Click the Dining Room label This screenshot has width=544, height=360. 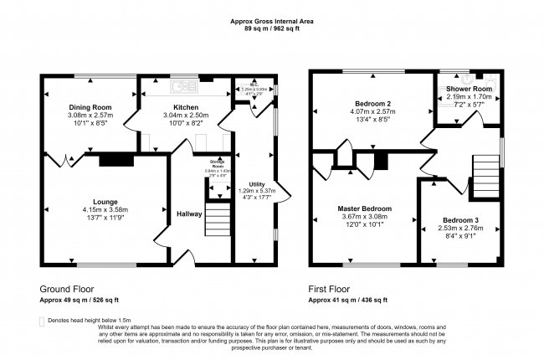90,107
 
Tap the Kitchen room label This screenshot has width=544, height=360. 185,107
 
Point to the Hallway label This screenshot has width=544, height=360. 189,214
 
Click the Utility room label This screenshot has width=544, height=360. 257,183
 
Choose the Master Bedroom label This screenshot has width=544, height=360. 364,208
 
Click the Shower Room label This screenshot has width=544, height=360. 468,88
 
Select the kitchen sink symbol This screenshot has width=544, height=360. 179,85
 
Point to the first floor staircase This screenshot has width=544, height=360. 485,173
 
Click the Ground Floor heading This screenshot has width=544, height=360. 65,287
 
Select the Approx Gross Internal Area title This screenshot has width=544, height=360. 272,21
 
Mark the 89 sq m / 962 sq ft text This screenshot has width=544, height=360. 272,28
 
